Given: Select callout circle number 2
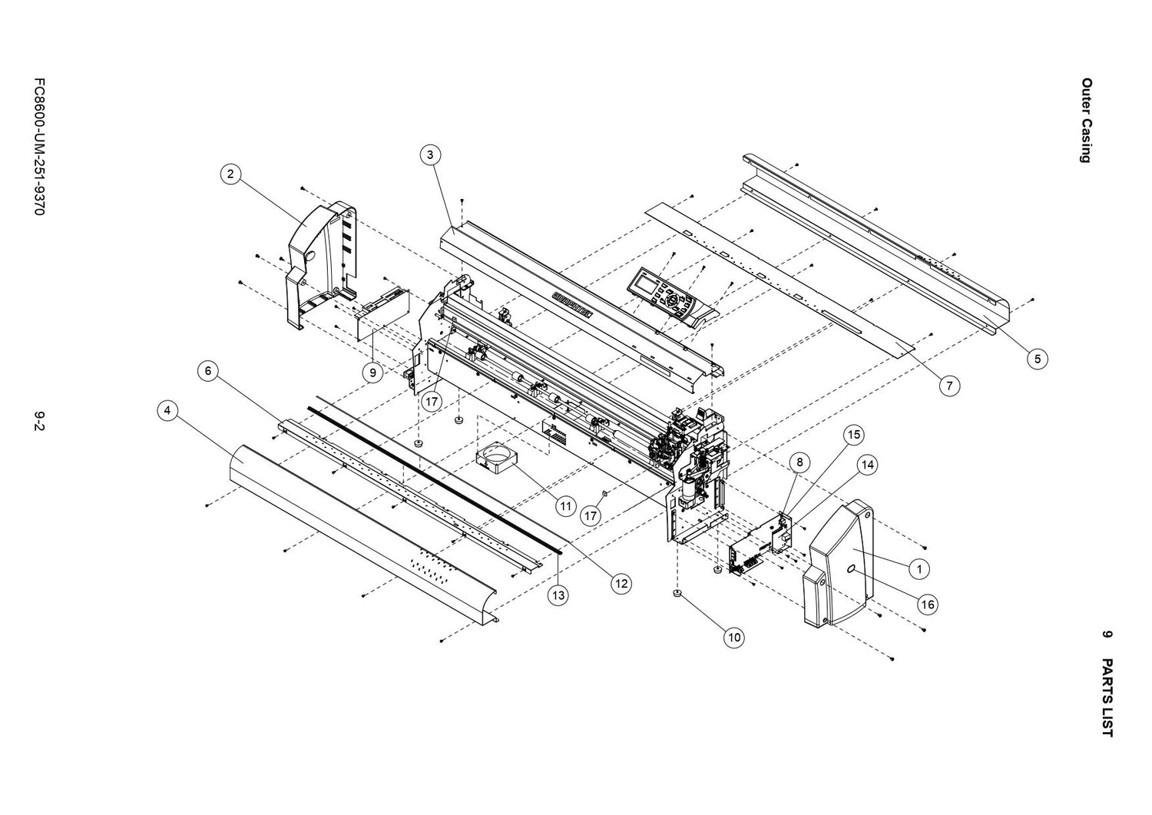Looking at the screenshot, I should [230, 174].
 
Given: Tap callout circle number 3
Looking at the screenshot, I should [430, 154].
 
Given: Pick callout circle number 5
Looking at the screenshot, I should [1037, 358].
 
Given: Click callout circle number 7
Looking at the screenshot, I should [949, 386].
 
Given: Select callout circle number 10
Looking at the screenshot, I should [734, 637].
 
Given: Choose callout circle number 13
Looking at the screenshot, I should [558, 595].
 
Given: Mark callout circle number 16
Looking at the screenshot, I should [928, 605].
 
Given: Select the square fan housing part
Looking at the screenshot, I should [495, 462].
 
